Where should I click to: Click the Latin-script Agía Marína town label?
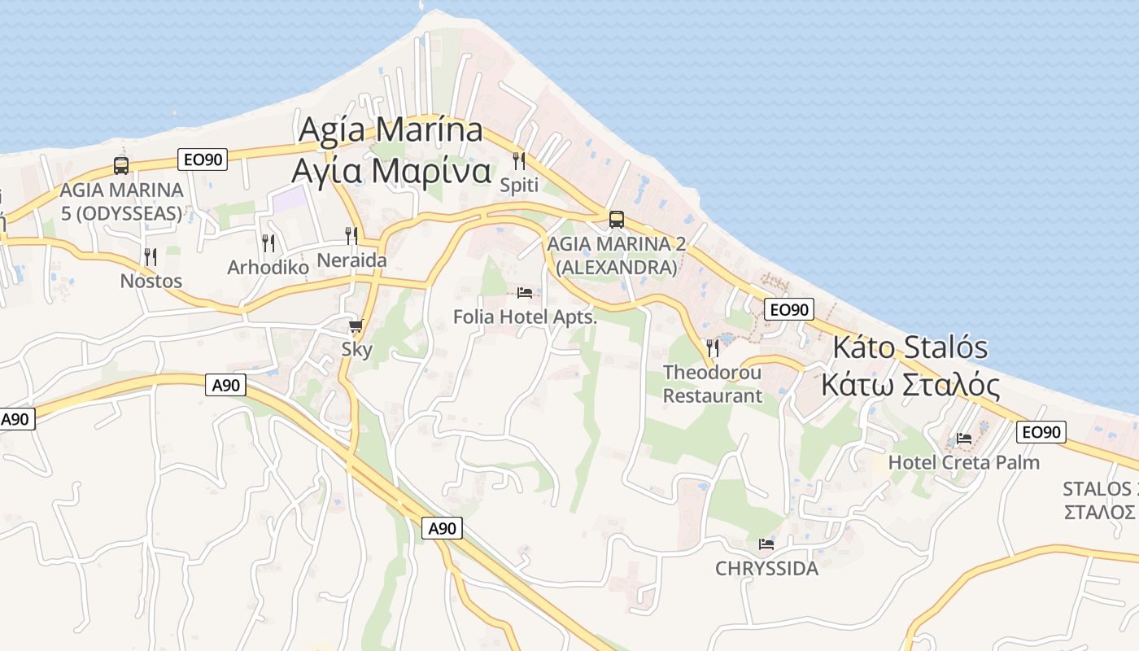coord(391,130)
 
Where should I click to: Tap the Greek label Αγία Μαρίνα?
coord(391,171)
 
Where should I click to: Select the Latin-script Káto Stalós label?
coord(910,348)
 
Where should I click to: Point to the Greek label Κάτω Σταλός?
coord(910,384)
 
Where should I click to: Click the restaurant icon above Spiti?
coord(519,160)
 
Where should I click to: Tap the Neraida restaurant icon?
coord(351,235)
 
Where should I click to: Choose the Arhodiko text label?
coord(268,267)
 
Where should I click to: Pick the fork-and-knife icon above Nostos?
coord(151,256)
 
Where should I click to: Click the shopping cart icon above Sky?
coord(356,326)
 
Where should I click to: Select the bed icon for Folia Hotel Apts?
coord(525,292)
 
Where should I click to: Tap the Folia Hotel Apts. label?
coord(525,317)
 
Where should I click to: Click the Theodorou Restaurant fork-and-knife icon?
coord(713,347)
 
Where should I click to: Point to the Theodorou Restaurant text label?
coord(713,384)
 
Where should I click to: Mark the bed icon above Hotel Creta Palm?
coord(964,438)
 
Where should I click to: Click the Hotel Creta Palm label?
coord(964,462)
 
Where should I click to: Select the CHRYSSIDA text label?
coord(766,568)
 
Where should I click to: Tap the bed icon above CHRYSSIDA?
coord(766,544)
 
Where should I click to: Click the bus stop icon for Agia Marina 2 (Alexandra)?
coord(617,219)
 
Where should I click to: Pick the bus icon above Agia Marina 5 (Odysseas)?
coord(121,166)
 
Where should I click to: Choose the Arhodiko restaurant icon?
coord(268,242)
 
